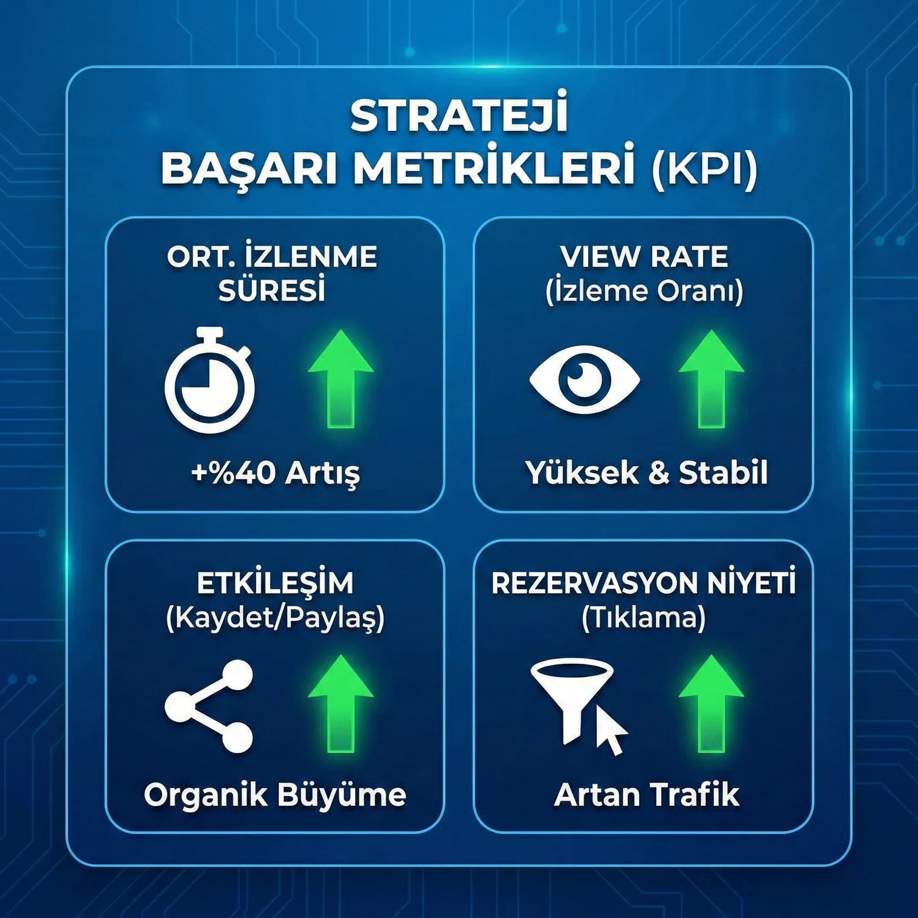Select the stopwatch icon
209,380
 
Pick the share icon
209,706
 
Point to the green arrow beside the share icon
341,704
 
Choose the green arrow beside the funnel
711,704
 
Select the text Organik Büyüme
275,795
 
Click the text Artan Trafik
646,795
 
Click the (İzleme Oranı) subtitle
644,291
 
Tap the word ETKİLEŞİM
275,584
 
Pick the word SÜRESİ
272,291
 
